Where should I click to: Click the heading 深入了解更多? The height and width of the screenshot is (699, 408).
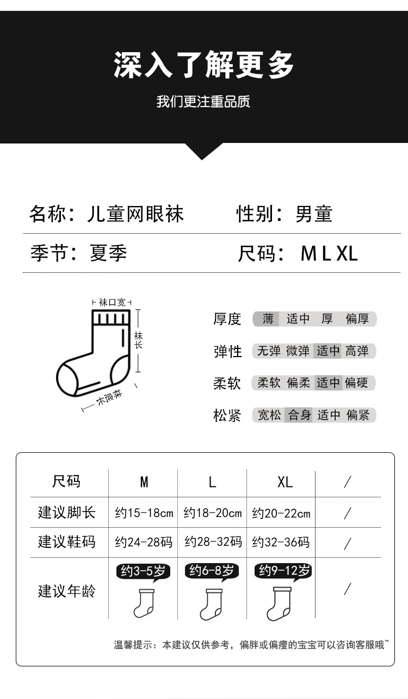coord(203,66)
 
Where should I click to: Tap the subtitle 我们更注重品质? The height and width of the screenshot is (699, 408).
coord(203,102)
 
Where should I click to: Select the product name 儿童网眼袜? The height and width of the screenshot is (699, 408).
coord(135,214)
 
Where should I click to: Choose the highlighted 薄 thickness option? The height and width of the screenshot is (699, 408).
coord(268,319)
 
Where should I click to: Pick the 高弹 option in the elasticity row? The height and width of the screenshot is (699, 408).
coord(357,351)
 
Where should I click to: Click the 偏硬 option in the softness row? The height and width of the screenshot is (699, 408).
coord(357,383)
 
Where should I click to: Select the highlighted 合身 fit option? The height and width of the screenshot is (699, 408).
coord(299,415)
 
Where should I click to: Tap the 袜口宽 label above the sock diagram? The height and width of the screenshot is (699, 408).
coord(112,302)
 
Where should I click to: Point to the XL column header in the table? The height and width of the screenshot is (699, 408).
coord(285,482)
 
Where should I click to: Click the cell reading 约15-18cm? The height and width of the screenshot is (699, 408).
coord(144,513)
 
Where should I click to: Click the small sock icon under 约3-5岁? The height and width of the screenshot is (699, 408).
coord(144,603)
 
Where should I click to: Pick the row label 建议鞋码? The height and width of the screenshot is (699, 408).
coord(66,542)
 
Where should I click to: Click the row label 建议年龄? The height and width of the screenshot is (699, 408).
coord(66,591)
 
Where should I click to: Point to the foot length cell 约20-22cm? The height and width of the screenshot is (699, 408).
coord(281,513)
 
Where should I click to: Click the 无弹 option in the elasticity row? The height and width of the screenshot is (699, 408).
coord(269,351)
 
